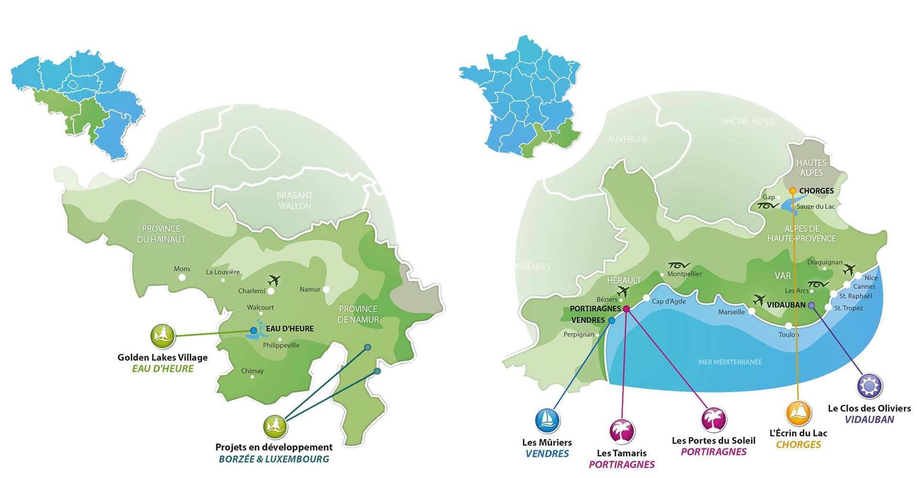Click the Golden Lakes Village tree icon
(x=163, y=336)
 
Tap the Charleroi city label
(x=251, y=291)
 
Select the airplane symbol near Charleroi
(x=274, y=280)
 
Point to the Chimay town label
(x=252, y=371)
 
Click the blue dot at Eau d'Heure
(x=254, y=330)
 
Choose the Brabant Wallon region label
(x=295, y=201)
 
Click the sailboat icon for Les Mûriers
(x=547, y=421)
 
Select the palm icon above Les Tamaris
(x=622, y=431)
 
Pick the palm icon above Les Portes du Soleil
(x=714, y=419)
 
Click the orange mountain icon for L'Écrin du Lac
(x=798, y=413)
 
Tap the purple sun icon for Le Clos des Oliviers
(x=869, y=386)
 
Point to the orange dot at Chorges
(x=793, y=191)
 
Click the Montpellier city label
(x=684, y=274)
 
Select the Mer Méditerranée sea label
(x=730, y=362)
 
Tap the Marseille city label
(x=731, y=312)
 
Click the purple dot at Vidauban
(x=811, y=305)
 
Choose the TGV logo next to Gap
(x=768, y=206)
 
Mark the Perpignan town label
(x=578, y=335)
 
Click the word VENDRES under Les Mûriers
(x=547, y=454)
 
